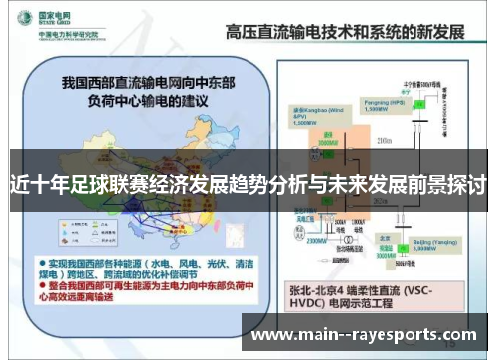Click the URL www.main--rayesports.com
point(364,335)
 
